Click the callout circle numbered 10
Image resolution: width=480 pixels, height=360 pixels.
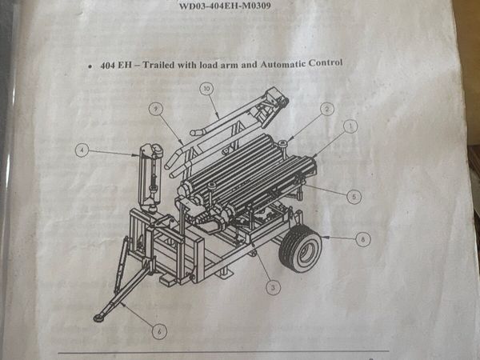pos(206,89)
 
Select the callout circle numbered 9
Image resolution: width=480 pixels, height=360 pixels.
pos(156,109)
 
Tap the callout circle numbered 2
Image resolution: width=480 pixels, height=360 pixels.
pos(327,109)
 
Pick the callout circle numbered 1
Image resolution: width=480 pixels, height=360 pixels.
pos(351,126)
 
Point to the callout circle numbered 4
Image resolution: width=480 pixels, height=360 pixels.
pos(82,150)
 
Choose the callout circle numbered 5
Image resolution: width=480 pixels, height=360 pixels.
pos(354,197)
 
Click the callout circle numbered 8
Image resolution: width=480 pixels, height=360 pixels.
pos(363,239)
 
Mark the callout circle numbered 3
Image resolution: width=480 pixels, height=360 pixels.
pos(273,287)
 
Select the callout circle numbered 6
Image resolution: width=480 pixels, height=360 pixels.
pos(159,331)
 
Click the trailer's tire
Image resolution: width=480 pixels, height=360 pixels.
pos(301,248)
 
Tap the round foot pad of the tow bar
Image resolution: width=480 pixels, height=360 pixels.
pos(98,318)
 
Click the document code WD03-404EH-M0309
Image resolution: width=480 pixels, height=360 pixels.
pos(225,6)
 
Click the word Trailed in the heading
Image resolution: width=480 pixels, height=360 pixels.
pos(158,65)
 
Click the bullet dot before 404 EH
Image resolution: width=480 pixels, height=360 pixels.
pos(90,66)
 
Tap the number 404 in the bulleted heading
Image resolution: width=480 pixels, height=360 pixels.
pos(107,66)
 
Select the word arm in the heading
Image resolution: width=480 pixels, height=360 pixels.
pos(228,65)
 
